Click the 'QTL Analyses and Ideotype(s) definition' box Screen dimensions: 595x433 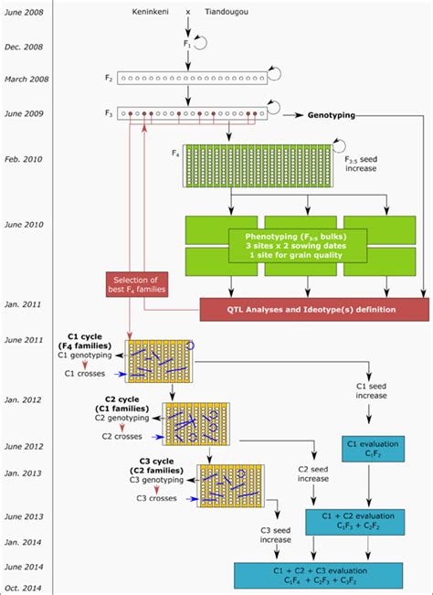pos(313,310)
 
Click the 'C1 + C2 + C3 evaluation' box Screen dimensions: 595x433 pos(317,574)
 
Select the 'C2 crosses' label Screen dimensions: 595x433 pos(122,435)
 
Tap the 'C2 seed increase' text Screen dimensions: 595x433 pos(312,473)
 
